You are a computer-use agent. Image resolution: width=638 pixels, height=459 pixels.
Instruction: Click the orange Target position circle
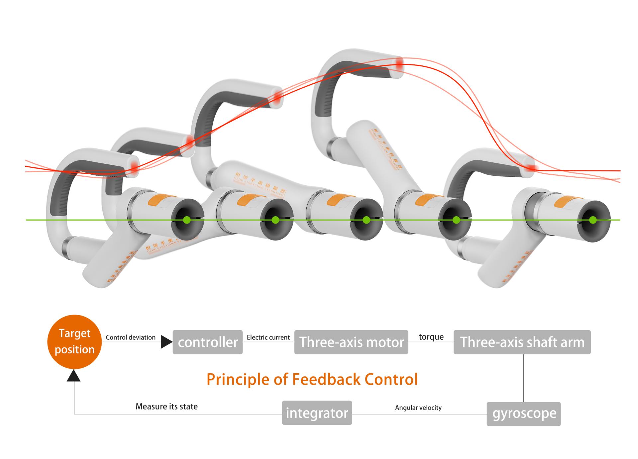click(x=74, y=341)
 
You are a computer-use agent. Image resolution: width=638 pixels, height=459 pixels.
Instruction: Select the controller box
click(x=208, y=342)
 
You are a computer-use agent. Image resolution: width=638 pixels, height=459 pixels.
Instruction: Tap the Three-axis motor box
click(x=351, y=342)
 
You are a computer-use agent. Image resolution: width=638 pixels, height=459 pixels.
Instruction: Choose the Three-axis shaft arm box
click(x=522, y=342)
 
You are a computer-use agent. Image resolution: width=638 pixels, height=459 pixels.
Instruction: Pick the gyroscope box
click(x=524, y=414)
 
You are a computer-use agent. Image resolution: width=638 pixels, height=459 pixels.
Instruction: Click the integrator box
click(x=317, y=413)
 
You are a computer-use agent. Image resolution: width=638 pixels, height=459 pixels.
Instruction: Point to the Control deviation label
click(x=131, y=337)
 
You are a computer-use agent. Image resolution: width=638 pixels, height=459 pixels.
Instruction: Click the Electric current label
click(x=268, y=337)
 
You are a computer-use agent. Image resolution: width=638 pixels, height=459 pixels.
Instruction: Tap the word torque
click(x=431, y=337)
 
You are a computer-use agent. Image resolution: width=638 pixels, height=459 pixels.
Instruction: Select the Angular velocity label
click(x=418, y=408)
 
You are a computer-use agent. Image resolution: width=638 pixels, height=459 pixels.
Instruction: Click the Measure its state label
click(x=166, y=407)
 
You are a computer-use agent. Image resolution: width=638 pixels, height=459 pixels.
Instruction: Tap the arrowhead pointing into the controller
click(x=166, y=342)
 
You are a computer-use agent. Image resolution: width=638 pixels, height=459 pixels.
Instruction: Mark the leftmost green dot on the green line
click(x=187, y=220)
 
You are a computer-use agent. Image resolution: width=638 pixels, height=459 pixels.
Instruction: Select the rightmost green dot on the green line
click(x=593, y=220)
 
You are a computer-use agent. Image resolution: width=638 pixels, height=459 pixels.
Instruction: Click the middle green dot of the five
click(x=366, y=220)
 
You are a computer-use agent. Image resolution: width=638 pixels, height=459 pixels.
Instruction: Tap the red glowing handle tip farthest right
click(x=531, y=169)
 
